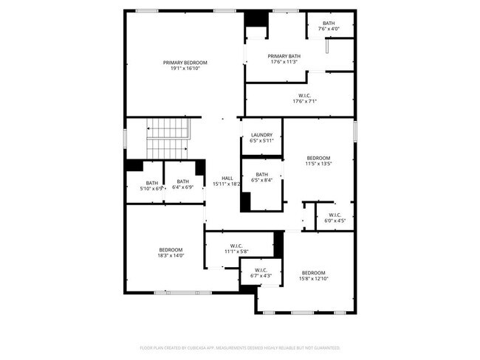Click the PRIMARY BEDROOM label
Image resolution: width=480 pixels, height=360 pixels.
(x=185, y=63)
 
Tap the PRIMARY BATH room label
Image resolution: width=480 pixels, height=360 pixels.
(x=284, y=56)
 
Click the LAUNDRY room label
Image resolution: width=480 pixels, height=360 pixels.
(x=261, y=134)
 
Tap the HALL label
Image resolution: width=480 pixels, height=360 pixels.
(x=227, y=178)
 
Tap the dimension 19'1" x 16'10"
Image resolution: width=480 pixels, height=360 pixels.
(x=185, y=69)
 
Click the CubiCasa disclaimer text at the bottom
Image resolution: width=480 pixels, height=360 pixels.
(x=239, y=347)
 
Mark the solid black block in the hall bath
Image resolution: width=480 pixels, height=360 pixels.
(x=246, y=202)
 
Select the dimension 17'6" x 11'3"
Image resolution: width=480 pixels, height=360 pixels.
(x=284, y=62)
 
